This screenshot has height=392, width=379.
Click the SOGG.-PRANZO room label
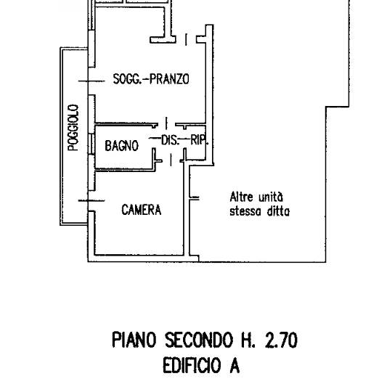[x=151, y=79]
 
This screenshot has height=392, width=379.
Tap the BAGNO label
[x=122, y=145]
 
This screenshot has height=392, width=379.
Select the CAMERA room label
[x=142, y=210]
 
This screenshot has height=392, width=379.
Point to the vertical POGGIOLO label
[x=73, y=128]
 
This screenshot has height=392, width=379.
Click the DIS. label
[x=171, y=140]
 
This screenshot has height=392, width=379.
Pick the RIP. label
[x=199, y=140]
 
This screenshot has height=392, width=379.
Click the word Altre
[x=241, y=197]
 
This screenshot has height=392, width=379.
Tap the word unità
[x=271, y=197]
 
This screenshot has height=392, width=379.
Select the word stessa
[x=245, y=211]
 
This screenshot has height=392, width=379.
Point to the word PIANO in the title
[x=134, y=340]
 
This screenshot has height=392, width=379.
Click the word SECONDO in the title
[x=199, y=340]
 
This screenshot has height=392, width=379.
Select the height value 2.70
[x=281, y=340]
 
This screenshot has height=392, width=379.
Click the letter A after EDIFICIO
[x=235, y=365]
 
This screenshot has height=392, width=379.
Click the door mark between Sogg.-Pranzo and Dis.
[x=166, y=123]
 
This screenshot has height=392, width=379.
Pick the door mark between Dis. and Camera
[x=171, y=160]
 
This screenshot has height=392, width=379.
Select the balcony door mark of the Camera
[x=91, y=200]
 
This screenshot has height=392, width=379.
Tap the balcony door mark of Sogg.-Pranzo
[x=91, y=81]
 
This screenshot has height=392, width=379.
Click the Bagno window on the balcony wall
[x=91, y=144]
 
